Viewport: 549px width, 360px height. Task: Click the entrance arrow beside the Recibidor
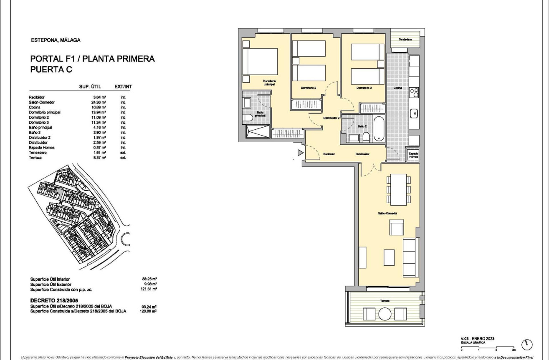[x=300, y=153]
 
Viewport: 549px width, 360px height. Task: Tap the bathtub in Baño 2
[x=379, y=129]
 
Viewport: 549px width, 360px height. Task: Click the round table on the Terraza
[x=384, y=314]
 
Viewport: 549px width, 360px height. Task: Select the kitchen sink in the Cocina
[x=414, y=112]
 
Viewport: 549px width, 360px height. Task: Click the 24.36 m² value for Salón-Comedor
[x=98, y=102]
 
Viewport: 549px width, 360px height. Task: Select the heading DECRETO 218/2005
[x=57, y=300]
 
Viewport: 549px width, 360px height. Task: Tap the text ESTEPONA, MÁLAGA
[x=56, y=40]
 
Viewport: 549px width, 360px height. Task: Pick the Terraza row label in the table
[x=36, y=158]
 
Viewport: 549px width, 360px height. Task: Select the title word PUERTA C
[x=51, y=70]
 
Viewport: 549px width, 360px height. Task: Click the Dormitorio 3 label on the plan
[x=364, y=88]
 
